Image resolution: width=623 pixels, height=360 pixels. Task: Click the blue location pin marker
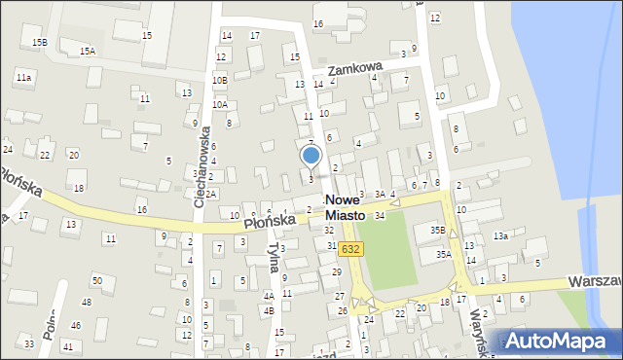pos(311,156)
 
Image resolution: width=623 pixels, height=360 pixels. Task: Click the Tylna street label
pos(274,258)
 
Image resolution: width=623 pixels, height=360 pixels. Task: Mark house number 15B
pos(39,42)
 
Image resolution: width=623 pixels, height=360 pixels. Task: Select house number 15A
pos(88,51)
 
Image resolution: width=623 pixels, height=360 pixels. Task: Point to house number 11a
pos(23,77)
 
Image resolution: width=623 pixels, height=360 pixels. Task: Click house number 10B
pos(219,80)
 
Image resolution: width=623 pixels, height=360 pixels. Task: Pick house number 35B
pos(437,231)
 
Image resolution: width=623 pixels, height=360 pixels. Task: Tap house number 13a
pos(500,236)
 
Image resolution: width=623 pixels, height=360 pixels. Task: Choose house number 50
pos(96,280)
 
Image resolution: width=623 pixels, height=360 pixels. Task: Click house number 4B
pos(269,310)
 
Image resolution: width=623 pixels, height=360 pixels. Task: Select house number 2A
pos(209,194)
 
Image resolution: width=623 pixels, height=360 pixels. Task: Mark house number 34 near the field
pos(380,215)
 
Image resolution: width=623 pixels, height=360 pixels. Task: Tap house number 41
pos(67,346)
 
